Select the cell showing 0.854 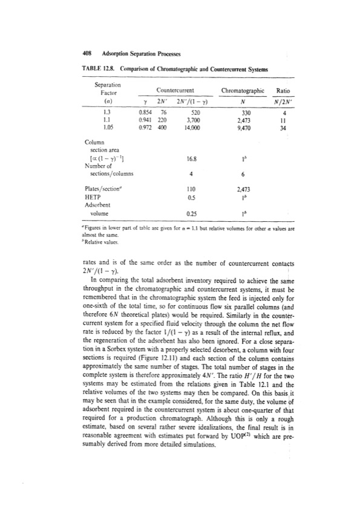coord(143,112)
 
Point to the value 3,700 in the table coord(195,120)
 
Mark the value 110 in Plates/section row coord(195,188)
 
